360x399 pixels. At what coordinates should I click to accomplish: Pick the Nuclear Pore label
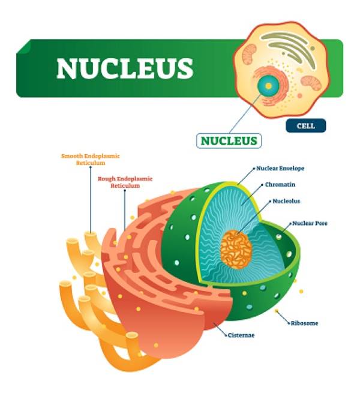(x=310, y=223)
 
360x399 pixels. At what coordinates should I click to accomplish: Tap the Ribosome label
(x=305, y=323)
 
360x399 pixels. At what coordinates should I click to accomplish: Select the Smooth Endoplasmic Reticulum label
(x=91, y=159)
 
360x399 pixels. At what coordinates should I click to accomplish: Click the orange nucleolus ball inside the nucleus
(x=235, y=250)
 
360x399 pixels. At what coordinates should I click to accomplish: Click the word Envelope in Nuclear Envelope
(x=294, y=169)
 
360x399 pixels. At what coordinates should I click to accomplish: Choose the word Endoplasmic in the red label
(x=134, y=178)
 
